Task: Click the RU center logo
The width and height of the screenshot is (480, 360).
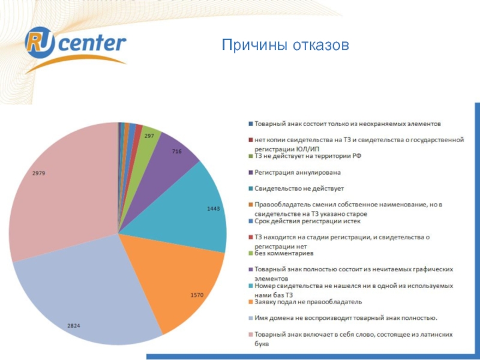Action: click(x=75, y=44)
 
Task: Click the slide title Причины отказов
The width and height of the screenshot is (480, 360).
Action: click(x=285, y=45)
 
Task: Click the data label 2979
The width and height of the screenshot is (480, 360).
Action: click(x=38, y=173)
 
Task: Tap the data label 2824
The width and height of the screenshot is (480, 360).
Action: click(x=74, y=325)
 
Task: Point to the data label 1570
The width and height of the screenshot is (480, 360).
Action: click(x=197, y=295)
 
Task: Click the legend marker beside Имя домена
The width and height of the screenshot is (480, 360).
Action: click(x=250, y=318)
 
